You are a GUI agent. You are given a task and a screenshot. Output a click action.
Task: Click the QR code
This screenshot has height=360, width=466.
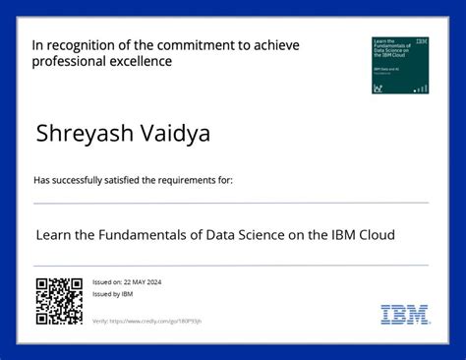point(58,301)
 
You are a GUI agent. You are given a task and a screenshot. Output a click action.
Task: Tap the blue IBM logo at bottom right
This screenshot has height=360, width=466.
point(405,316)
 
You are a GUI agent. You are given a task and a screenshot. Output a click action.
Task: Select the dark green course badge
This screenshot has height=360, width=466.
point(400,65)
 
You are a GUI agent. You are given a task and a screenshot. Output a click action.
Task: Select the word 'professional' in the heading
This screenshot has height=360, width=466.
point(70,62)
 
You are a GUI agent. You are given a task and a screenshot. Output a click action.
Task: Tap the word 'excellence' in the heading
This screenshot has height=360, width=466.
point(141,62)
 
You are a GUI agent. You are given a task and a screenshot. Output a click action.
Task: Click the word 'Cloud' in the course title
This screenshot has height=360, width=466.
point(375,235)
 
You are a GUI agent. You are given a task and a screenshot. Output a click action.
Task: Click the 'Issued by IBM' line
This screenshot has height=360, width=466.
point(112,294)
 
